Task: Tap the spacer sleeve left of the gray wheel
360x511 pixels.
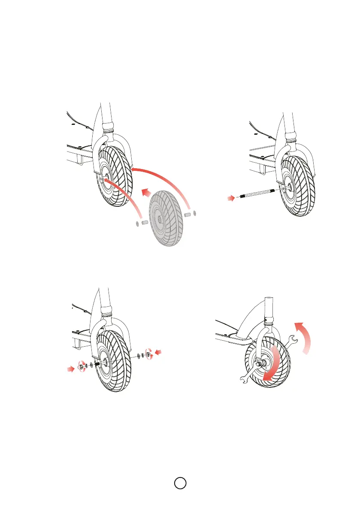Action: [x=145, y=223]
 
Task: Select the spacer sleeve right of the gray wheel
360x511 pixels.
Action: [x=187, y=213]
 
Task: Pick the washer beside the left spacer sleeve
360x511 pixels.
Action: [x=136, y=223]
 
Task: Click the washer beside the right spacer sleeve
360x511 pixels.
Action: [x=195, y=213]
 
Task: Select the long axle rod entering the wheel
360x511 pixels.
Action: [x=257, y=193]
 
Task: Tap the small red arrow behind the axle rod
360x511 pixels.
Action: [x=231, y=198]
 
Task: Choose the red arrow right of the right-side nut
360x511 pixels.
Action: [x=159, y=353]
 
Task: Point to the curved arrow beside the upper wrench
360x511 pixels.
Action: [x=306, y=335]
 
